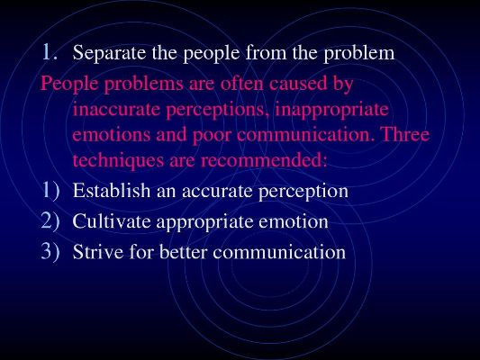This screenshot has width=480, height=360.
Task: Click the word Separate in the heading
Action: tap(109, 53)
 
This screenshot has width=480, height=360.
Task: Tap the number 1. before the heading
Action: tap(50, 51)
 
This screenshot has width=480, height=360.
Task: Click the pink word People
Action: tap(69, 84)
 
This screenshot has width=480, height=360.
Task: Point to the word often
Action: tap(241, 83)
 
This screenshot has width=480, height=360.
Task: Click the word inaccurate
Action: tap(116, 109)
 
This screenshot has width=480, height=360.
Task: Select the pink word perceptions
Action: tap(215, 111)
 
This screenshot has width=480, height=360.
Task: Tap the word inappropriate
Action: tap(331, 111)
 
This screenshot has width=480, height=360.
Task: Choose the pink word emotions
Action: tap(112, 135)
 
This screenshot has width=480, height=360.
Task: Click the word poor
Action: tap(212, 136)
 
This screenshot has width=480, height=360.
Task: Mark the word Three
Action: tap(405, 134)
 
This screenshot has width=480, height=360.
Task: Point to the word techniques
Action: tap(118, 160)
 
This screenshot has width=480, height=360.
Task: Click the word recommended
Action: tap(264, 160)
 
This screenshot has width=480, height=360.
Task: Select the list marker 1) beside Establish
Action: tap(50, 190)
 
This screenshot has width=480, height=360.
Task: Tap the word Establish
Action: tap(112, 190)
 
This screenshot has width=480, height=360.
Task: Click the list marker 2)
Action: tap(50, 220)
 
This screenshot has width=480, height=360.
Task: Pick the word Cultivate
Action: tap(112, 220)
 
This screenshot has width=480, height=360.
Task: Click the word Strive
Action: tap(98, 252)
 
